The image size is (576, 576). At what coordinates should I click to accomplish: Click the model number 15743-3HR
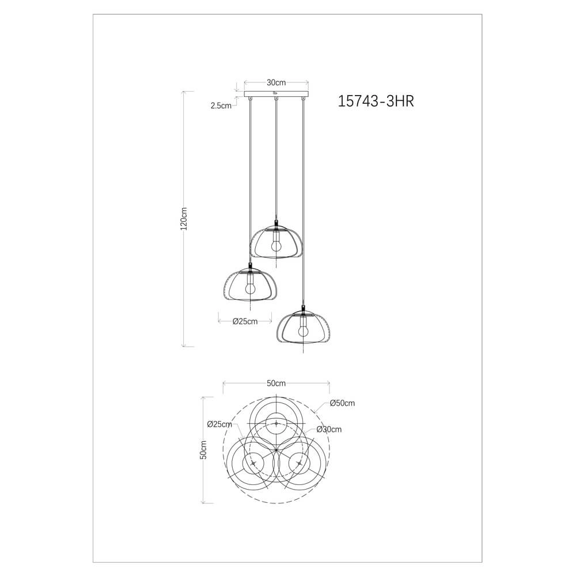click(x=375, y=102)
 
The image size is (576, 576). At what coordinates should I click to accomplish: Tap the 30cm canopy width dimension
click(x=276, y=82)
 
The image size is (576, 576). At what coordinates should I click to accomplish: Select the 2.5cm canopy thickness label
click(x=221, y=105)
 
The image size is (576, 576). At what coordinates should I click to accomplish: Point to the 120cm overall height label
click(x=184, y=219)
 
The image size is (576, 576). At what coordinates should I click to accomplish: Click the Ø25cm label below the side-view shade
click(x=245, y=321)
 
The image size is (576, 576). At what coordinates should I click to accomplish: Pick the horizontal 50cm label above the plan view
click(x=276, y=383)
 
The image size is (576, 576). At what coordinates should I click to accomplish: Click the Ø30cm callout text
click(x=329, y=429)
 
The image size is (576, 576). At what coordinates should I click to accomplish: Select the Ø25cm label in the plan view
click(x=219, y=425)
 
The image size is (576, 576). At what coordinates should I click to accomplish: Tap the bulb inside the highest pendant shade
click(x=276, y=244)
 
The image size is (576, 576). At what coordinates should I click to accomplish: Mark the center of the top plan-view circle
click(x=276, y=423)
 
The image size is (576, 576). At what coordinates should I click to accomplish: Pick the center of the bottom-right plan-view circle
click(x=300, y=463)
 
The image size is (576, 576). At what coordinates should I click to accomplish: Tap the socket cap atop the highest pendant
click(x=276, y=223)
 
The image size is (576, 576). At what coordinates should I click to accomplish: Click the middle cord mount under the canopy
click(x=276, y=101)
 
